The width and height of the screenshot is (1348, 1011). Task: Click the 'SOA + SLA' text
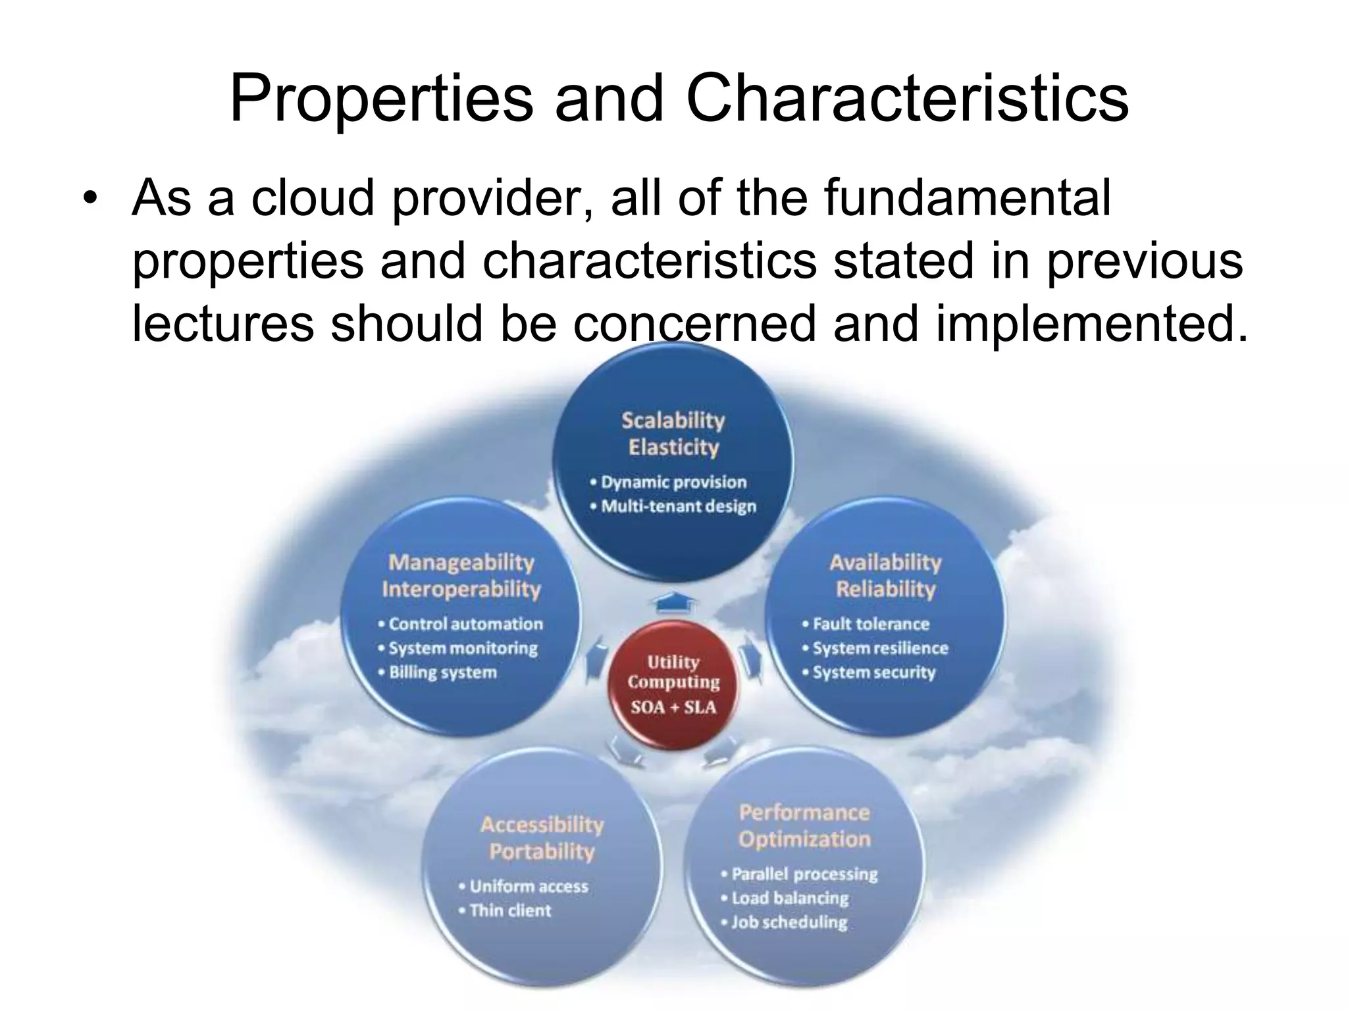673,708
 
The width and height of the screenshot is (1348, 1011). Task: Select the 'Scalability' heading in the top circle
673,420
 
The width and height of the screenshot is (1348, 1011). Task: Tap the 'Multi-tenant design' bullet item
678,506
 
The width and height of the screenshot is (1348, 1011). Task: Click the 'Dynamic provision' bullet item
673,482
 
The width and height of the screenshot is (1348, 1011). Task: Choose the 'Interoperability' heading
461,588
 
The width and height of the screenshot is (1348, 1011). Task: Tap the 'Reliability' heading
885,588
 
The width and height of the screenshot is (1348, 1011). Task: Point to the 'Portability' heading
541,851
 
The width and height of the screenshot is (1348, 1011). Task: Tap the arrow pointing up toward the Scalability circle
673,602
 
